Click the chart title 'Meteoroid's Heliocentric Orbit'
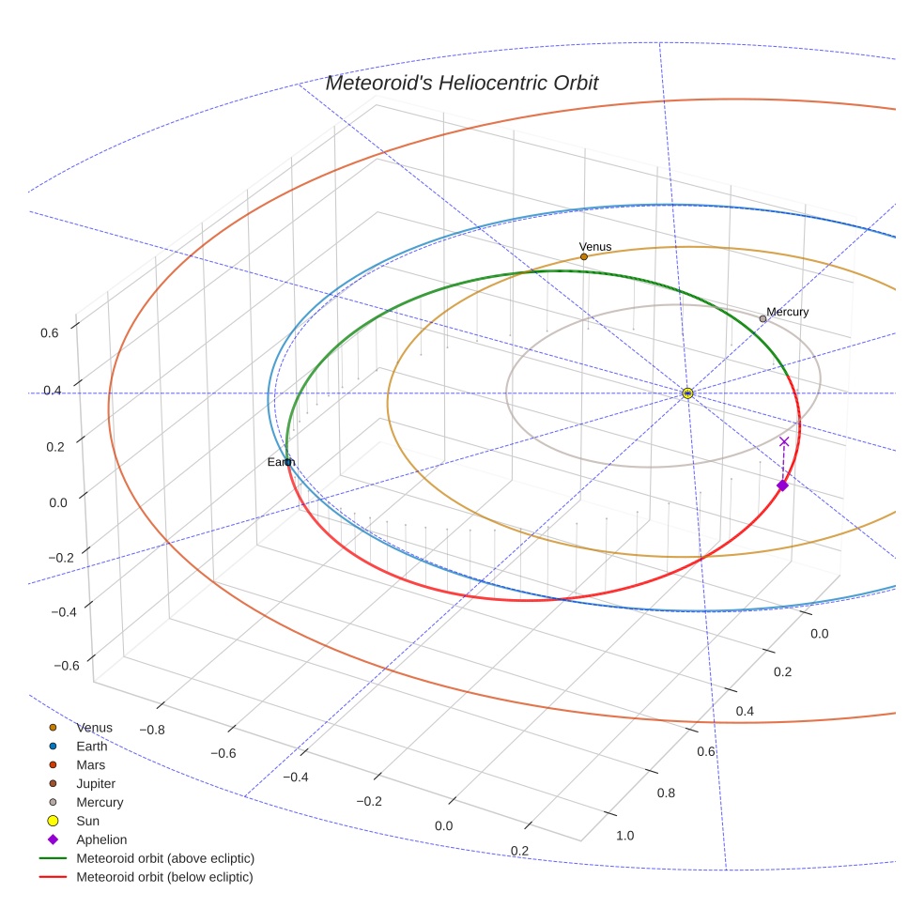point(461,83)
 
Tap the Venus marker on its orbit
point(583,256)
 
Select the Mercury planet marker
point(762,319)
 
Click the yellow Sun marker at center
point(687,393)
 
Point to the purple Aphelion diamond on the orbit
point(782,485)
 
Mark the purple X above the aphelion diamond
point(784,441)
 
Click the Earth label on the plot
point(281,462)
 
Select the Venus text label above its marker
point(595,247)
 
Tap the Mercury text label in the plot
point(787,312)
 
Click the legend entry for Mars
point(90,765)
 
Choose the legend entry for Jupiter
point(95,784)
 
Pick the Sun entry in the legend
point(87,822)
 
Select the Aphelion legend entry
point(100,840)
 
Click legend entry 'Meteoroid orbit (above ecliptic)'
point(165,858)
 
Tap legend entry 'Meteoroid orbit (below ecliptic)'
point(164,877)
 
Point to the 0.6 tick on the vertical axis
point(50,331)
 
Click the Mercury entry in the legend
point(99,803)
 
